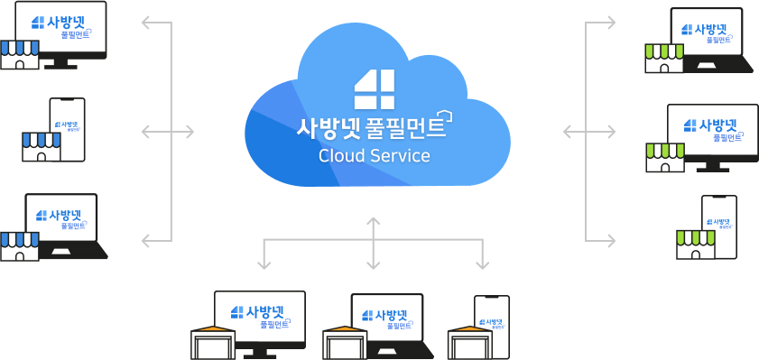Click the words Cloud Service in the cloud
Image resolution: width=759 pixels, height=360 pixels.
coord(375,155)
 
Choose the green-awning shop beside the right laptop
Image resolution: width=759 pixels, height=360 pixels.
coord(662,58)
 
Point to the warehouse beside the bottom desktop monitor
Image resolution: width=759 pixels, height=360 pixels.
coord(212,342)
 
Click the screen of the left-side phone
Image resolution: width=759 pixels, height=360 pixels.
coord(68,126)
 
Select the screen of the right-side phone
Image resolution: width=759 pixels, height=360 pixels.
coord(720,223)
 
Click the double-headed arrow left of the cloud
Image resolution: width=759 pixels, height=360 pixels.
coord(169,132)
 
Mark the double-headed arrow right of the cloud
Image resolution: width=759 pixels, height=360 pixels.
coord(588,132)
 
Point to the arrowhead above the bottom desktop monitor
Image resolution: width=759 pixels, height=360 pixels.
coord(264,265)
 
